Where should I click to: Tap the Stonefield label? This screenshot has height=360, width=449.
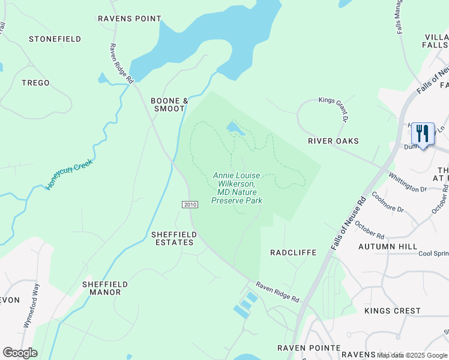tap(55, 39)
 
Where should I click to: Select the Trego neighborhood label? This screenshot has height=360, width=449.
tap(36, 83)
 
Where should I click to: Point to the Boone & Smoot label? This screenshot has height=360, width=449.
tap(169, 104)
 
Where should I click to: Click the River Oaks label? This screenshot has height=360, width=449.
tap(333, 141)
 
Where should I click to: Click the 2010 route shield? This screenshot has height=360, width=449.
tap(190, 205)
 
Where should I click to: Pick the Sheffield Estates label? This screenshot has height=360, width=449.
tap(172, 238)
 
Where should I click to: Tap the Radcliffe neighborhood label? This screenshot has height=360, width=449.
tap(293, 253)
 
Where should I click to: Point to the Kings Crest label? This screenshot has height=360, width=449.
tap(393, 311)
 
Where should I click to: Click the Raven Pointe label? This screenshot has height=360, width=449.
tap(309, 348)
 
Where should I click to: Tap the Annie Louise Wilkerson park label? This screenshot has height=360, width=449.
tap(237, 188)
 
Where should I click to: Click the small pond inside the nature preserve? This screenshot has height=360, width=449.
tap(233, 127)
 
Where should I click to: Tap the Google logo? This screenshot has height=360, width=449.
tap(20, 353)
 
